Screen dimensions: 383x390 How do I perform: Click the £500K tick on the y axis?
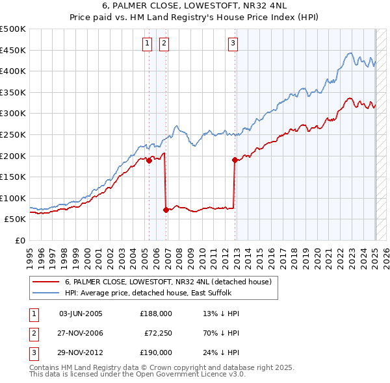(x=13, y=29)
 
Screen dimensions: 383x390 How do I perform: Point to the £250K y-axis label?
(x=13, y=134)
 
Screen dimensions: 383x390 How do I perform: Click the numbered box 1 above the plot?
(x=147, y=43)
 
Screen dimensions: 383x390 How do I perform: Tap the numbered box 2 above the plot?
(x=164, y=43)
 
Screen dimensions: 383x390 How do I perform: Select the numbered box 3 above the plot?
(x=233, y=43)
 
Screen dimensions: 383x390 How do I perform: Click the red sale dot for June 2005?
(x=149, y=160)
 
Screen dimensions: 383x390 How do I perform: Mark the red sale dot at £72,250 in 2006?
(x=166, y=210)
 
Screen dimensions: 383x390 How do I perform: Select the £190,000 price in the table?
(x=156, y=352)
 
